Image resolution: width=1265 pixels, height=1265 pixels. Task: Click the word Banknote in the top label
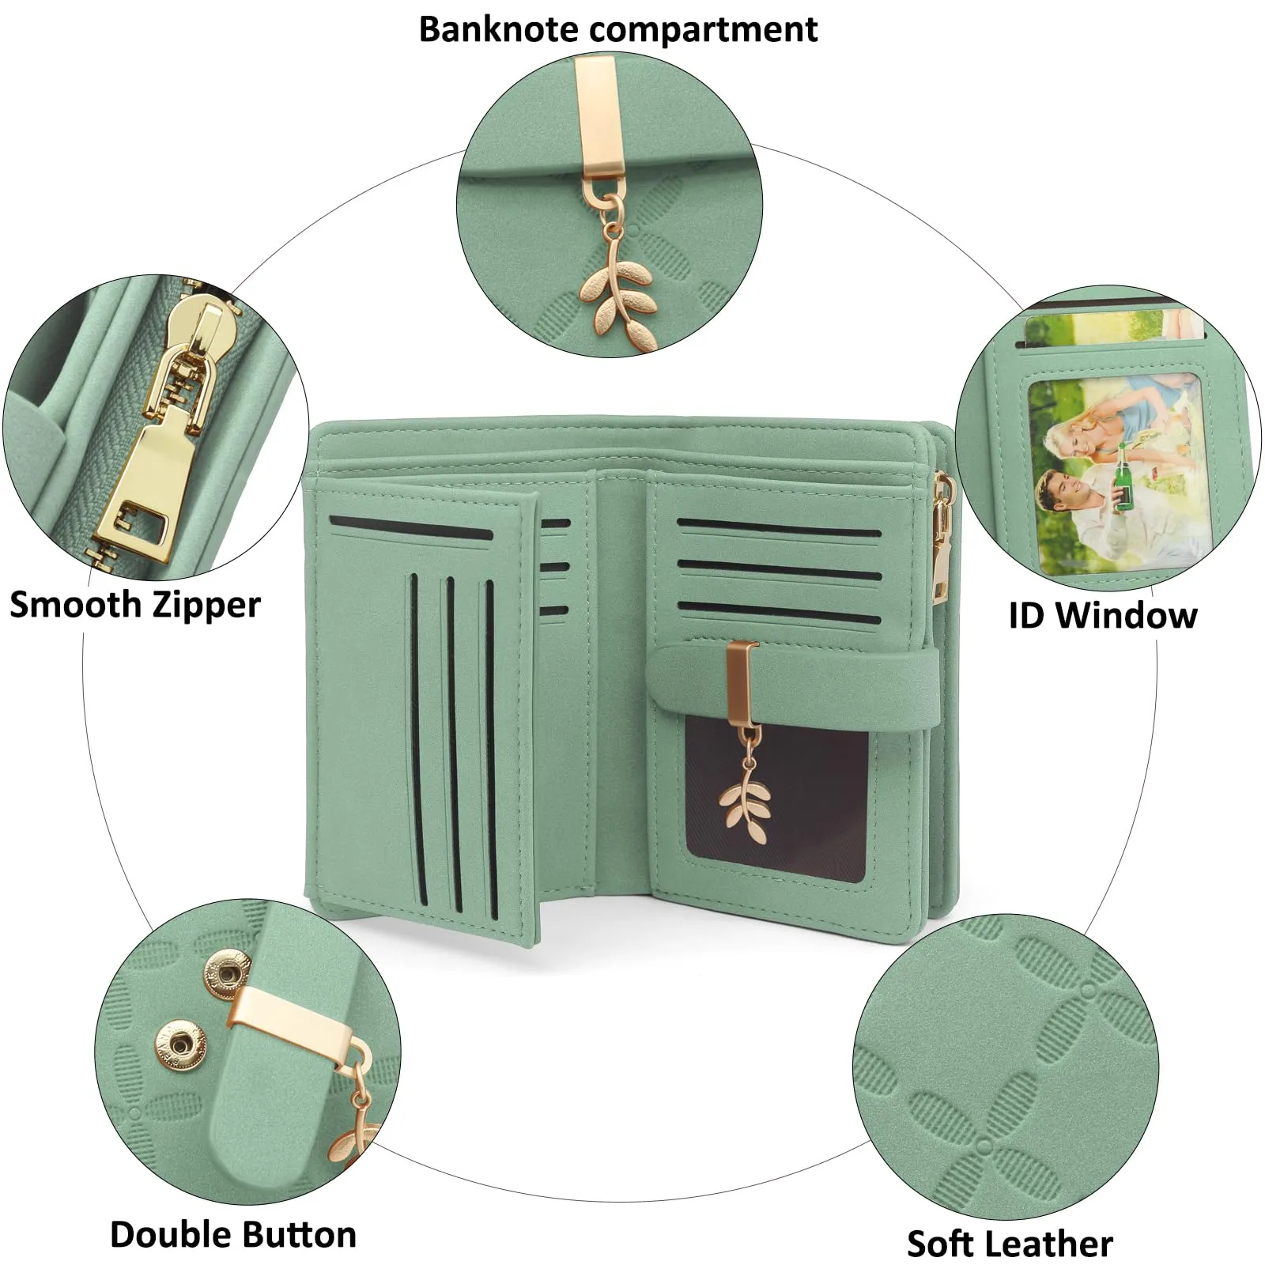pyautogui.click(x=500, y=29)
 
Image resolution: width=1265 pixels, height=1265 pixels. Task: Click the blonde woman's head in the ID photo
pyautogui.click(x=1073, y=436)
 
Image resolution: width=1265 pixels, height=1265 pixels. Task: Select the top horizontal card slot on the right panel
pyautogui.click(x=779, y=528)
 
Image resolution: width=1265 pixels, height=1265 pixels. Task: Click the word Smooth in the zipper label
pyautogui.click(x=76, y=605)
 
